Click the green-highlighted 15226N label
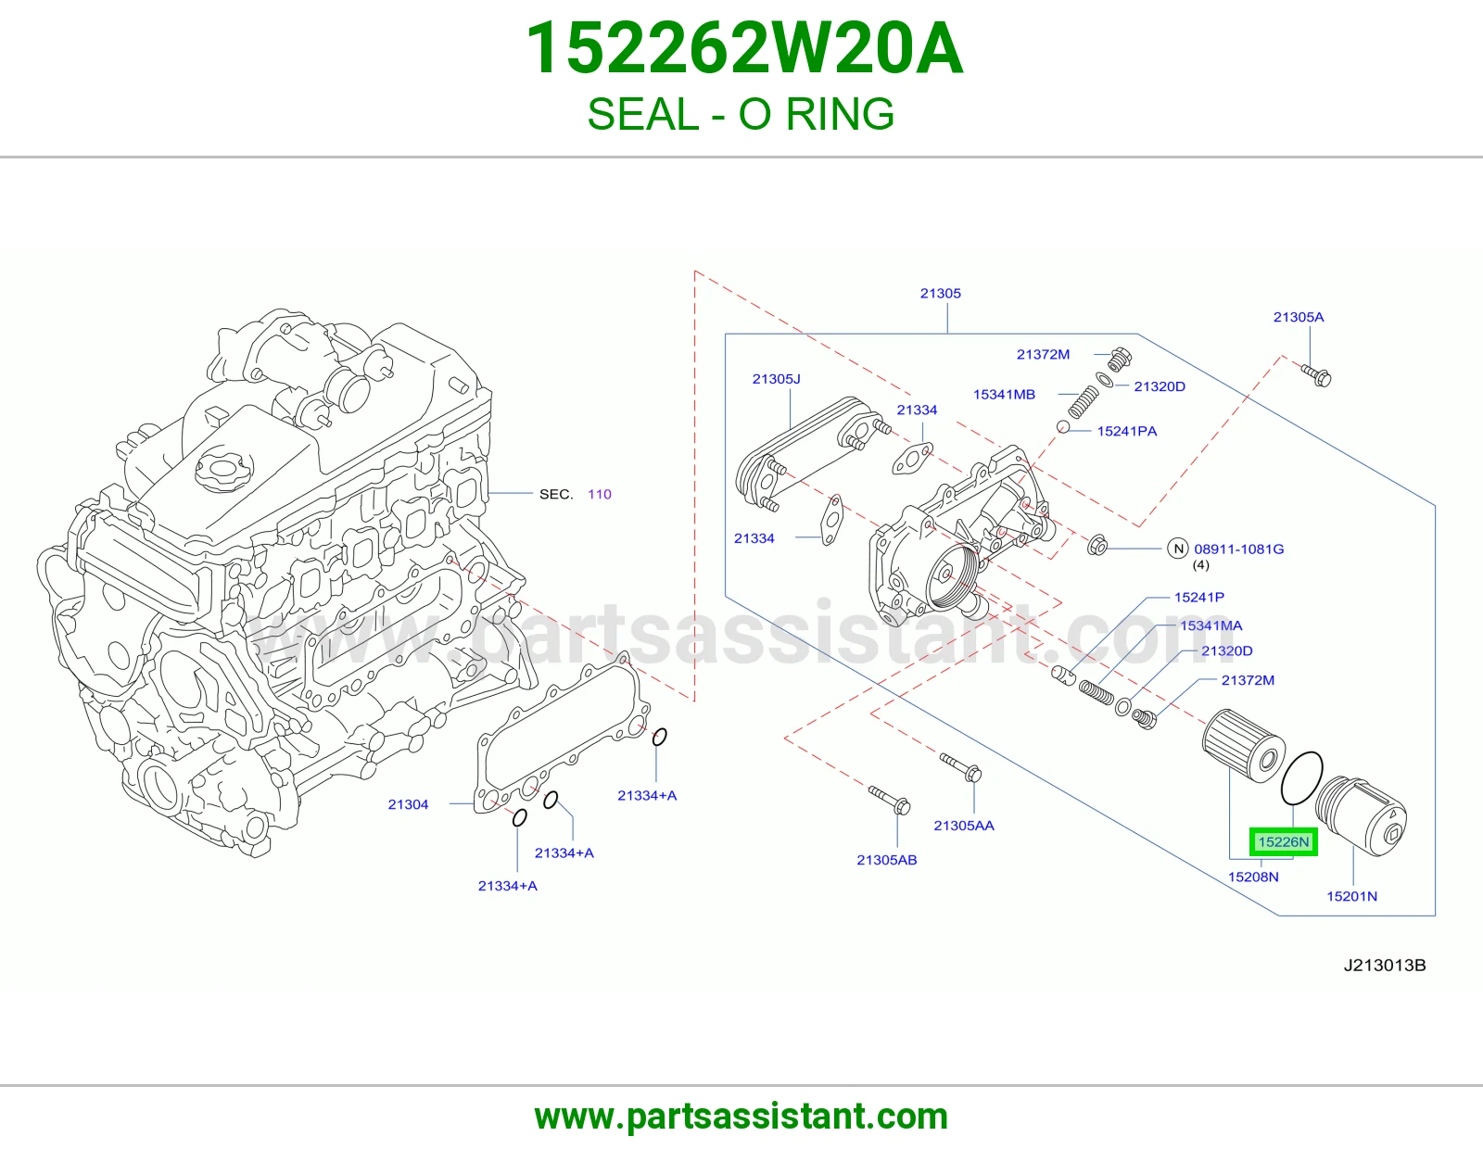(1283, 841)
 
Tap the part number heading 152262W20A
(744, 49)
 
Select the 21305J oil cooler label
(776, 379)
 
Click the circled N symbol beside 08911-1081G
(1178, 548)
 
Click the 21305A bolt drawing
(1316, 374)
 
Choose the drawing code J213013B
(1385, 966)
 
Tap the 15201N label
(1351, 896)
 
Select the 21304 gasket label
(408, 804)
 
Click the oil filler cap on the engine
(224, 470)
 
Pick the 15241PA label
(1127, 431)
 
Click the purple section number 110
(599, 494)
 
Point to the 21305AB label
(886, 860)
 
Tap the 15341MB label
(1004, 395)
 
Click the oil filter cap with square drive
(1360, 814)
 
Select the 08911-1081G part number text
(1238, 549)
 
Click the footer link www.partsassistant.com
(741, 1117)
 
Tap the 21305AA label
(964, 826)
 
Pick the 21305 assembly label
(941, 294)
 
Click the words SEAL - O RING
(741, 114)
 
